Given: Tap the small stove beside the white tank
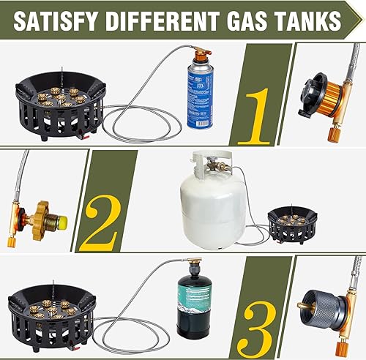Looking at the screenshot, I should pyautogui.click(x=292, y=222).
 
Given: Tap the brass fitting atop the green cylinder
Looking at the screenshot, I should pyautogui.click(x=194, y=262).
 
